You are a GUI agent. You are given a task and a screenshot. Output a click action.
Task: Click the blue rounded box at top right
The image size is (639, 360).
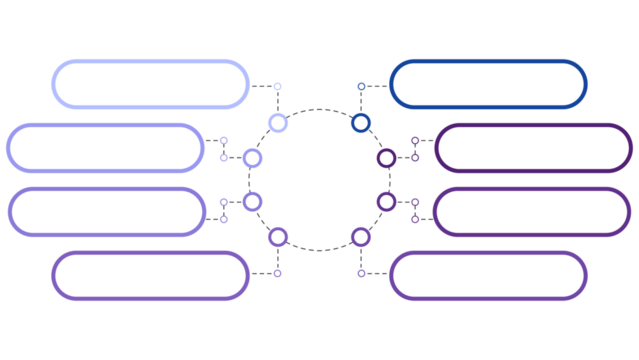point(488,84)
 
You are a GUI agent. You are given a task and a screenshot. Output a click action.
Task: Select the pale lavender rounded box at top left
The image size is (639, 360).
point(150,84)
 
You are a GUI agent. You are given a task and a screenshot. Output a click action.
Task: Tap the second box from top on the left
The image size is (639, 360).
point(106,148)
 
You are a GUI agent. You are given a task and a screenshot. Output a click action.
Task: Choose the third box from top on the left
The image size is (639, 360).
point(106,212)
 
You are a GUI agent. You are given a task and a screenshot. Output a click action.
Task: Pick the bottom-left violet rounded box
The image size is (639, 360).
point(150,275)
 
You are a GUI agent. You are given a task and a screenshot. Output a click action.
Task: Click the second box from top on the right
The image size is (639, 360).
point(533,148)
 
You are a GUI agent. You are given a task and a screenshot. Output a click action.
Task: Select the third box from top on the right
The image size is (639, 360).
point(533,212)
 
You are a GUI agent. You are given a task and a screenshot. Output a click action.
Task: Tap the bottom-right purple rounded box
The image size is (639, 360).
point(488,275)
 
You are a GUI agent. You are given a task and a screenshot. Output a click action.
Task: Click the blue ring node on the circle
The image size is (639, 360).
point(361,123)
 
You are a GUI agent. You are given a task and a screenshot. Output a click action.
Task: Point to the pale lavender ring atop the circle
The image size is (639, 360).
point(278,123)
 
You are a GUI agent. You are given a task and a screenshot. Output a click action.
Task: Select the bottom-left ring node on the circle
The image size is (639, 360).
point(278,237)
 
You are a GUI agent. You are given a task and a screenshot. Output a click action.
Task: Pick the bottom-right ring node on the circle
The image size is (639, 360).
point(361,237)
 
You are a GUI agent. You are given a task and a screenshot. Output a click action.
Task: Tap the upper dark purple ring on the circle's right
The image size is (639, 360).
point(386,158)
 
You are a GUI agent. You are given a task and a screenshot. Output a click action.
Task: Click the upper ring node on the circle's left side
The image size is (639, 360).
point(252,158)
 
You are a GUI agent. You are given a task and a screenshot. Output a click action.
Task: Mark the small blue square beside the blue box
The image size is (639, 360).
point(361,87)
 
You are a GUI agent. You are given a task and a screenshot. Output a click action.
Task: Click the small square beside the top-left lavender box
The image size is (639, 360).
point(277,87)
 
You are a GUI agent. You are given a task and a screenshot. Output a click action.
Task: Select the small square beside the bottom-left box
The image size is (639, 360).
point(277,273)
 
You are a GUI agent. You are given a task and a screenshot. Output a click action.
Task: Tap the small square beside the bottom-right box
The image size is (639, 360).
point(361,273)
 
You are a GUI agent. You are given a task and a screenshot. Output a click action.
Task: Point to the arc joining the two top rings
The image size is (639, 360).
point(319,109)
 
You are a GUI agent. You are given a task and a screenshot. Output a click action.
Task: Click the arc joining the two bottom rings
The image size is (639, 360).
point(319,250)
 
